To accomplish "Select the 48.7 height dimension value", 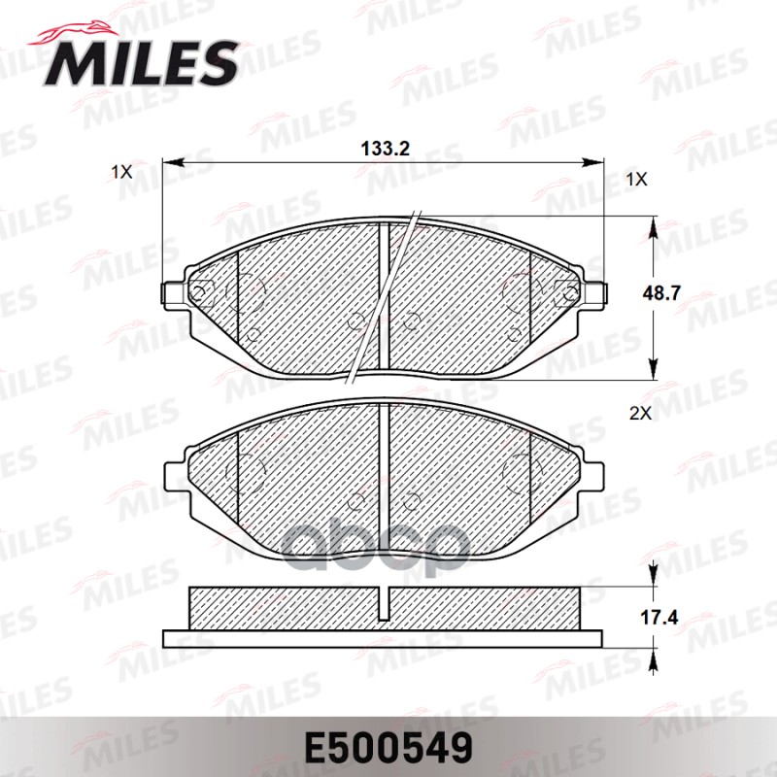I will (x=685, y=290).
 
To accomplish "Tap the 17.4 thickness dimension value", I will (x=685, y=616).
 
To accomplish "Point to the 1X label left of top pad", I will (x=121, y=171).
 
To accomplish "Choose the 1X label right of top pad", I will (x=636, y=180).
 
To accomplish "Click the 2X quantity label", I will (x=639, y=413).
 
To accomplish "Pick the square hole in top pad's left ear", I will (x=202, y=290).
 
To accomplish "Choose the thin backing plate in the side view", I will (x=384, y=638).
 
